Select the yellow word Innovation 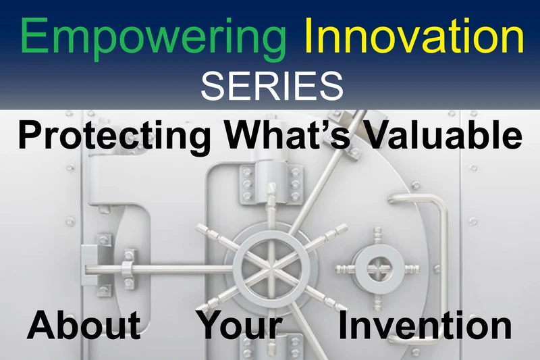pyautogui.click(x=414, y=35)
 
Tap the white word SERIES pyautogui.click(x=272, y=86)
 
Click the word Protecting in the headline pyautogui.click(x=114, y=136)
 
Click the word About pyautogui.click(x=84, y=325)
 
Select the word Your pyautogui.click(x=240, y=325)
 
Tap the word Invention pyautogui.click(x=425, y=325)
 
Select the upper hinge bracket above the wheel pyautogui.click(x=271, y=182)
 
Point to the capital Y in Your pyautogui.click(x=214, y=324)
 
